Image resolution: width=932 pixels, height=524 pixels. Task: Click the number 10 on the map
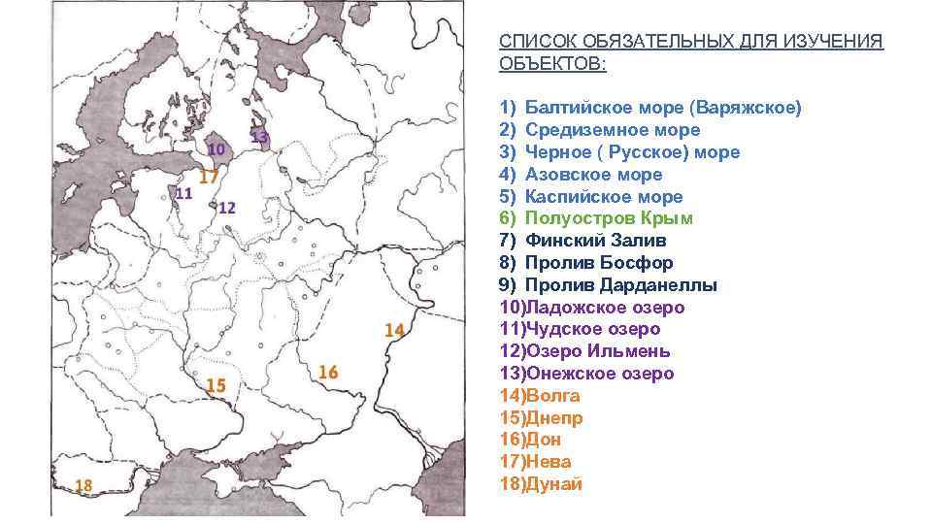click(216, 149)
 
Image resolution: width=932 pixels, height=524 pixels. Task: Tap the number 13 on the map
click(259, 138)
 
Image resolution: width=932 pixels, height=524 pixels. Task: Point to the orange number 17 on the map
click(209, 178)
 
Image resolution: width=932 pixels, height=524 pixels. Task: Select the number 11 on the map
click(183, 193)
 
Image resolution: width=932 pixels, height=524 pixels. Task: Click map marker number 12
click(228, 208)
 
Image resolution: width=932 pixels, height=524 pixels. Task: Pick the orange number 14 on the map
click(393, 330)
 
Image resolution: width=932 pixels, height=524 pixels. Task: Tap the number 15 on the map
click(216, 385)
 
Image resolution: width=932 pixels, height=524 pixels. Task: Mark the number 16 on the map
click(328, 373)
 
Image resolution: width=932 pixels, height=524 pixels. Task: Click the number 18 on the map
click(83, 485)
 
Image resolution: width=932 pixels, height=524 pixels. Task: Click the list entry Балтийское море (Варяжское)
click(663, 108)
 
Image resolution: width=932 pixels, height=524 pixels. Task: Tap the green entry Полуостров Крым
click(622, 218)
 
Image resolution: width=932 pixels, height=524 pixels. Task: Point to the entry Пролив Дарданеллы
click(620, 285)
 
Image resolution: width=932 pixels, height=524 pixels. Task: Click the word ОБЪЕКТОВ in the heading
click(550, 64)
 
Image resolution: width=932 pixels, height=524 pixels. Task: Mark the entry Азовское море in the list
click(593, 175)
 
